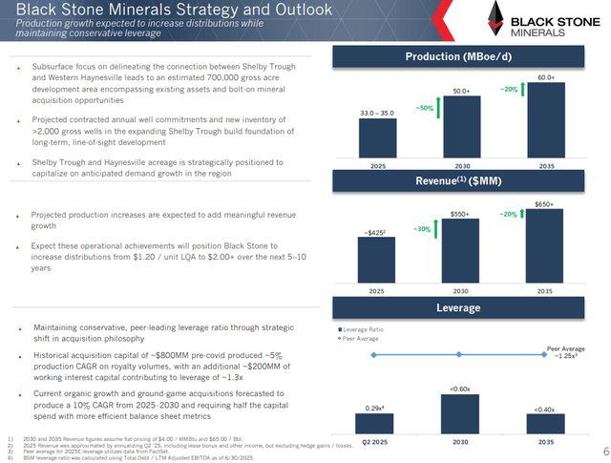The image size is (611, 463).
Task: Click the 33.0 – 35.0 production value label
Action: tap(377, 114)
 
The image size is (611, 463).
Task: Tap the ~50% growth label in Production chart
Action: tap(426, 108)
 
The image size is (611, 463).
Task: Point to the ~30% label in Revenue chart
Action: tap(420, 229)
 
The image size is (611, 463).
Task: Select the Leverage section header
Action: tap(458, 308)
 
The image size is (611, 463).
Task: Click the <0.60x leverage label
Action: tap(461, 388)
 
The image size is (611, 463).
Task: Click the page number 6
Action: tap(605, 451)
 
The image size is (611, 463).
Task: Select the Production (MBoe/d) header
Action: tap(458, 55)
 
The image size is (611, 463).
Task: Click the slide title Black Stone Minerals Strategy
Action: tap(167, 10)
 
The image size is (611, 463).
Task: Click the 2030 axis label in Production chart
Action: tap(461, 164)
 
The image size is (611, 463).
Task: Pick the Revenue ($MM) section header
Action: tap(458, 180)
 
